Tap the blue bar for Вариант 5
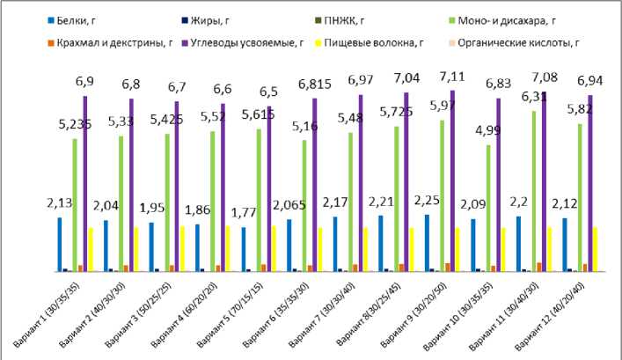243,250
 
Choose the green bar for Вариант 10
488,208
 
